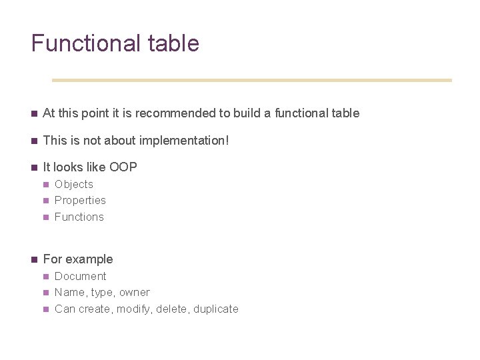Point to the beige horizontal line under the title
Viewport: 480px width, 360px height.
[251, 80]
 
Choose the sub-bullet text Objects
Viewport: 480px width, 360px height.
[74, 185]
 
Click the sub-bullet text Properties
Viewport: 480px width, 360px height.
[80, 201]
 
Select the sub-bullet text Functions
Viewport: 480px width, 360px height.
[79, 217]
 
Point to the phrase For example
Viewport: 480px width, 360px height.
[78, 259]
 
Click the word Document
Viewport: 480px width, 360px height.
[81, 276]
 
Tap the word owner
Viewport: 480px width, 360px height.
[135, 293]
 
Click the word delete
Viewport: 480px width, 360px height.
[171, 309]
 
